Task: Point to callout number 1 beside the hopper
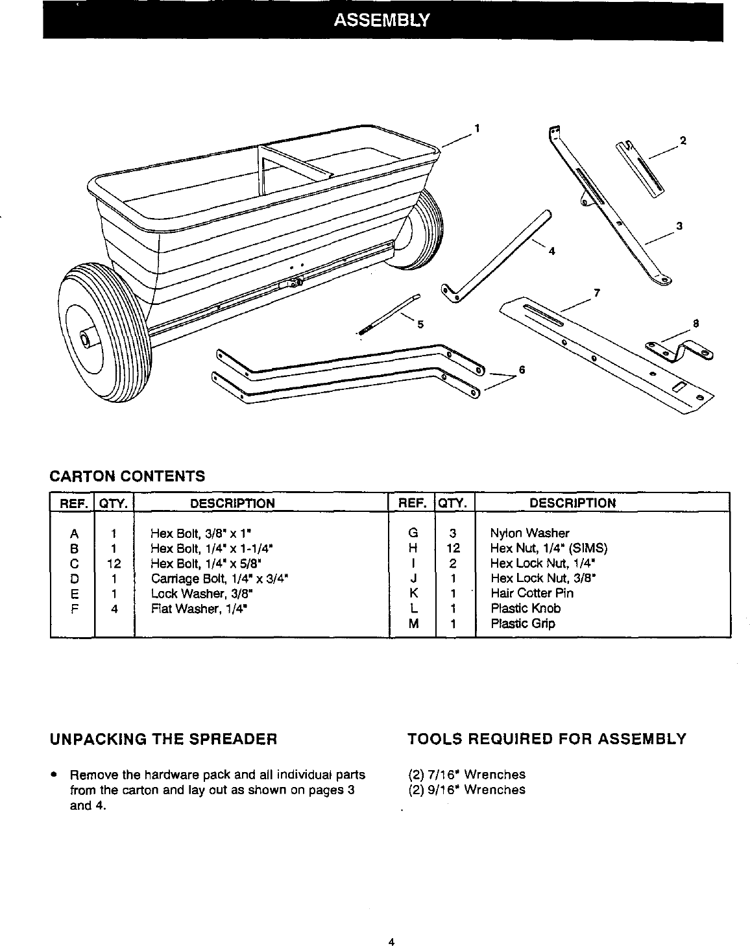[x=477, y=128]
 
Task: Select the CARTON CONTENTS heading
[x=127, y=476]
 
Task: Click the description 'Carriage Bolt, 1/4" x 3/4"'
[x=219, y=578]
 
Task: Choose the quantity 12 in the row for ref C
[x=114, y=563]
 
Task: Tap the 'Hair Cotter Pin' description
[x=531, y=593]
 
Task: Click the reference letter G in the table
[x=412, y=533]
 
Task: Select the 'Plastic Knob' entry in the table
[x=525, y=609]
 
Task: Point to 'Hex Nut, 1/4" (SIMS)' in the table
[x=548, y=548]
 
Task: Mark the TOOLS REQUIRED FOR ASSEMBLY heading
[x=546, y=738]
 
